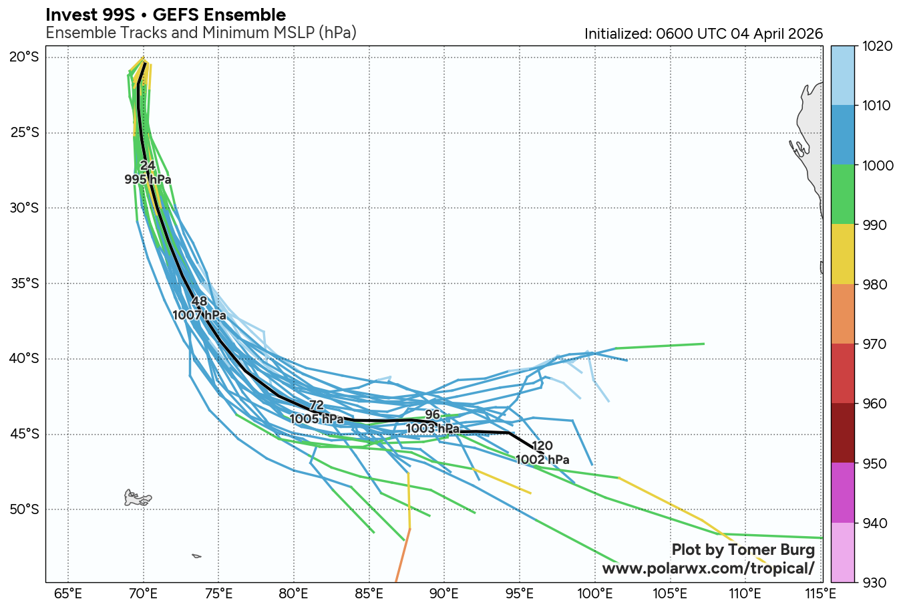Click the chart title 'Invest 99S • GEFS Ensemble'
click(166, 15)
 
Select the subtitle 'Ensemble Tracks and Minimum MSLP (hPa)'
click(200, 33)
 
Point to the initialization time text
click(703, 34)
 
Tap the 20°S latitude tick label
click(24, 57)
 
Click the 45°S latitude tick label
click(24, 435)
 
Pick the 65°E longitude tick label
click(67, 594)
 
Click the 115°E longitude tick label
click(820, 594)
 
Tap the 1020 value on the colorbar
click(876, 46)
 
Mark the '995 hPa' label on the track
click(148, 180)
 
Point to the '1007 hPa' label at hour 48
click(199, 315)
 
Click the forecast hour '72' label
click(317, 405)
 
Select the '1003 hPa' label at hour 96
click(433, 429)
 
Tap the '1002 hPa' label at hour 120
click(542, 460)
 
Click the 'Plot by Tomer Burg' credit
click(743, 550)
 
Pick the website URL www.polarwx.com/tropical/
click(708, 569)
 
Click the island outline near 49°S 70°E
click(138, 497)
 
